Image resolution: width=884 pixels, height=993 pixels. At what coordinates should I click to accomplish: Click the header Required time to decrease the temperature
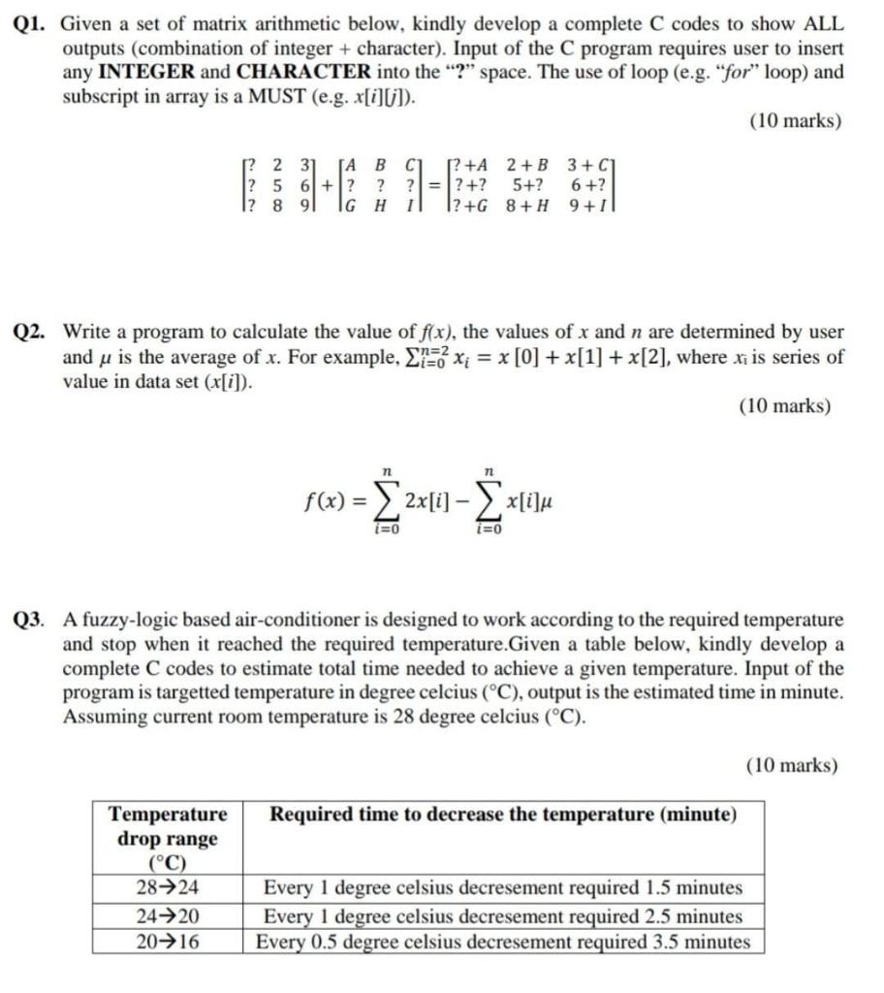click(503, 815)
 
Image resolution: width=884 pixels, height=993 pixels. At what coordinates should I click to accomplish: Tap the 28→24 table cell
click(168, 887)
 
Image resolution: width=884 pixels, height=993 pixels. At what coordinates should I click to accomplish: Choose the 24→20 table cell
click(168, 915)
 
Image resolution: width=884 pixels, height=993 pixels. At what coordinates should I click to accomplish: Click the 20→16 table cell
click(168, 942)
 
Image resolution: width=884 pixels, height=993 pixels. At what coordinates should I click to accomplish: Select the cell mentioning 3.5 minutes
click(503, 942)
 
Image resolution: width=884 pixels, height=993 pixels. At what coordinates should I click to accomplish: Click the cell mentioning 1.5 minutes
click(503, 887)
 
